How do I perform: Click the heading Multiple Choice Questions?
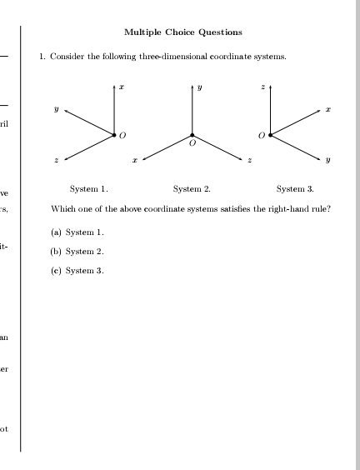pyautogui.click(x=183, y=32)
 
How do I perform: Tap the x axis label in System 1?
pyautogui.click(x=121, y=87)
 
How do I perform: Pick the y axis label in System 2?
pyautogui.click(x=199, y=87)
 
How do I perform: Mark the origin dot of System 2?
pyautogui.click(x=192, y=134)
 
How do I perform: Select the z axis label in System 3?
pyautogui.click(x=263, y=87)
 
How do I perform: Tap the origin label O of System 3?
pyautogui.click(x=261, y=134)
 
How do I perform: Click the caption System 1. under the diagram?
pyautogui.click(x=89, y=189)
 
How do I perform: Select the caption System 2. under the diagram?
pyautogui.click(x=192, y=189)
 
